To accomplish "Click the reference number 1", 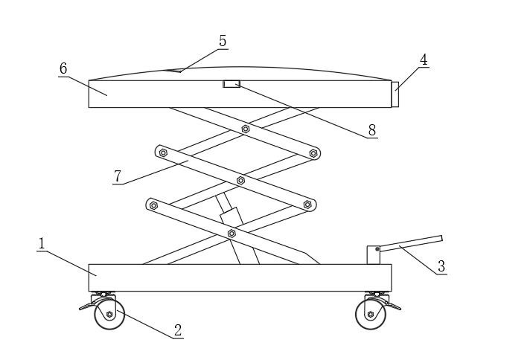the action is pyautogui.click(x=42, y=243).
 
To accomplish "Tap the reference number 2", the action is pyautogui.click(x=178, y=330).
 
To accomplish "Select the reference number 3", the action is pyautogui.click(x=441, y=266).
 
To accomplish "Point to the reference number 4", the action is pyautogui.click(x=424, y=60).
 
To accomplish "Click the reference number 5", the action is pyautogui.click(x=223, y=41).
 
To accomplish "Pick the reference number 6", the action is pyautogui.click(x=63, y=68).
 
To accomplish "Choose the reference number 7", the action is pyautogui.click(x=118, y=176).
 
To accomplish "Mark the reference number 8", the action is pyautogui.click(x=372, y=130).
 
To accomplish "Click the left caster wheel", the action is pyautogui.click(x=109, y=315).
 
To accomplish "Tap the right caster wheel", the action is pyautogui.click(x=371, y=315).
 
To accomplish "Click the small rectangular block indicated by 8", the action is pyautogui.click(x=232, y=84).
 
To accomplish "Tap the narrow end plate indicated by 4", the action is pyautogui.click(x=395, y=94).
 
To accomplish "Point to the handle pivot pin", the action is pyautogui.click(x=377, y=249).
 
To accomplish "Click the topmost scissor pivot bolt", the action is pyautogui.click(x=246, y=129).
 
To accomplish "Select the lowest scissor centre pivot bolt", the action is pyautogui.click(x=232, y=234).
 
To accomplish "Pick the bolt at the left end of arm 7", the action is pyautogui.click(x=163, y=153).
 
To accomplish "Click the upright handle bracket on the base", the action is pyautogui.click(x=374, y=255).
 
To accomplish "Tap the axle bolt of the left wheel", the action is pyautogui.click(x=109, y=315).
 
